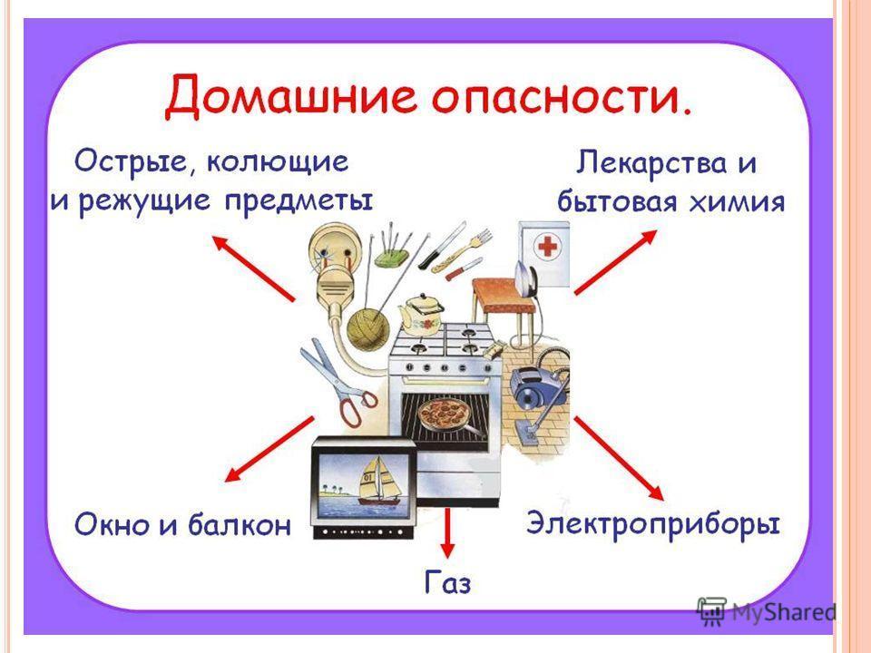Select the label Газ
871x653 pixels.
click(447, 582)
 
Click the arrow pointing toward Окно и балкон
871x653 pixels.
click(269, 449)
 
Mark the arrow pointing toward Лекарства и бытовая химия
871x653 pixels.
click(615, 261)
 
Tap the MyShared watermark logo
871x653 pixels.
click(767, 612)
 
